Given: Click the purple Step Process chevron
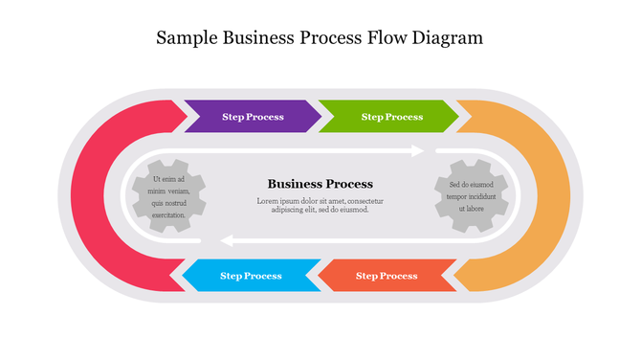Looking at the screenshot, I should click(x=252, y=117).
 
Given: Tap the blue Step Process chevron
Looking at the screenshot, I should click(x=251, y=276).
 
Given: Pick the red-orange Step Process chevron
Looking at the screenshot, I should click(x=387, y=276).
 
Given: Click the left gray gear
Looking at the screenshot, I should click(x=168, y=197).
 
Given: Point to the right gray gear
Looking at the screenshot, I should click(x=471, y=196).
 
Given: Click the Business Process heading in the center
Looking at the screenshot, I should click(x=320, y=184).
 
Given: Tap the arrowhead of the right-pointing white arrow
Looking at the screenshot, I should click(x=417, y=150).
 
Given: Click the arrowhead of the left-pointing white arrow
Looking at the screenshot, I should click(x=226, y=240).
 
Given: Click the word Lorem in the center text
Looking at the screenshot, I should click(x=269, y=201).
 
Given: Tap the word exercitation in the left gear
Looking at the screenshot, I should click(x=168, y=215).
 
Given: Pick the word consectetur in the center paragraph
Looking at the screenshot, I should click(x=365, y=201).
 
